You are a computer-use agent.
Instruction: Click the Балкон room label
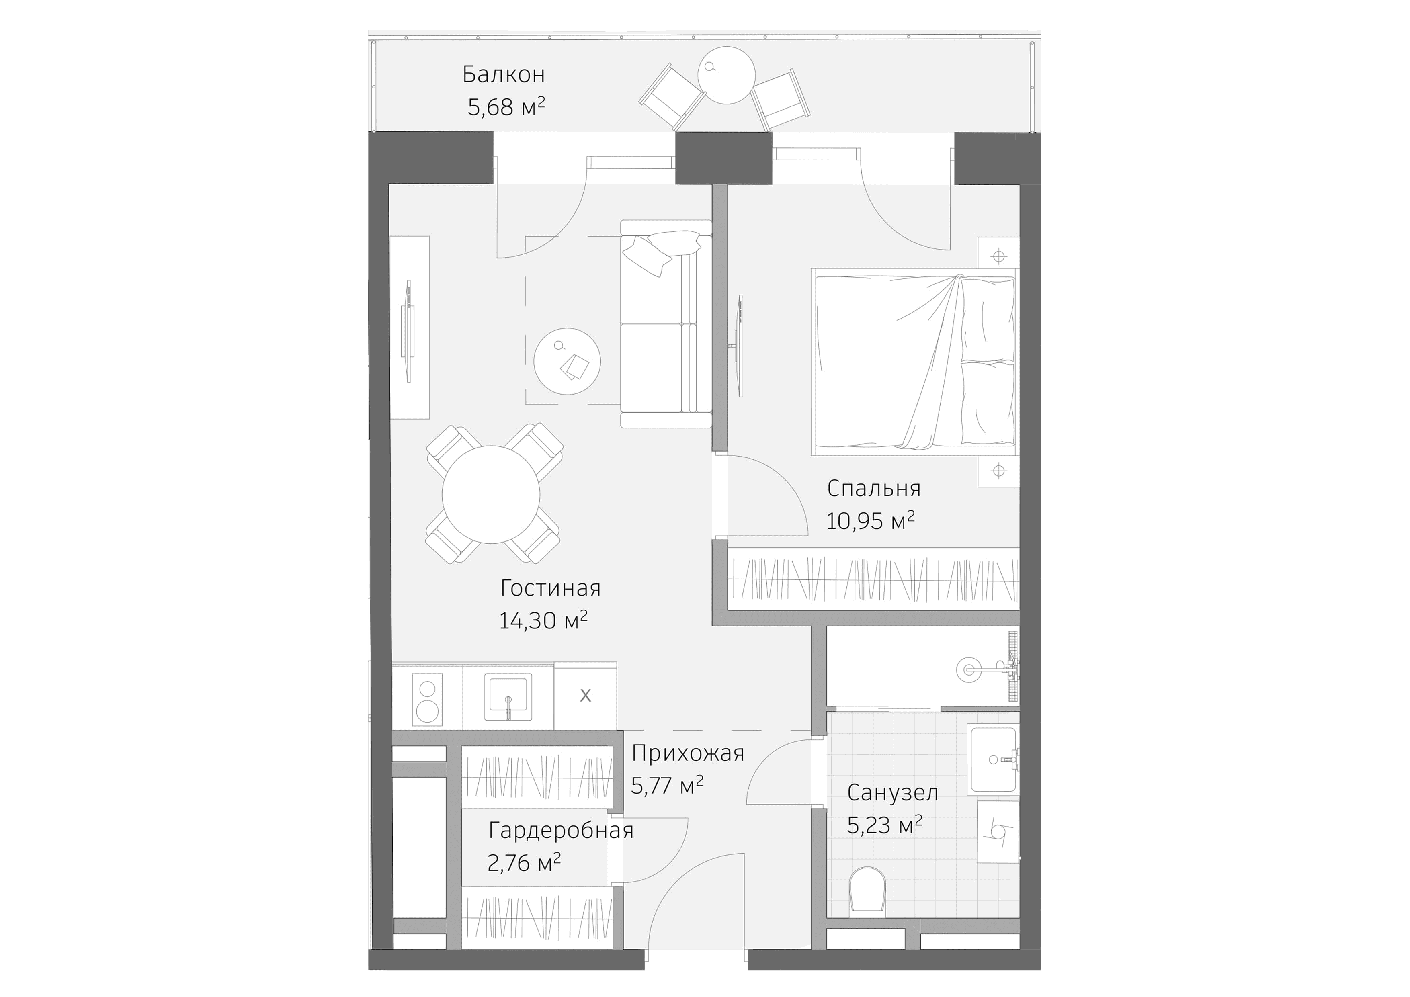(504, 74)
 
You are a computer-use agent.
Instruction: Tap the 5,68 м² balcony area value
(506, 107)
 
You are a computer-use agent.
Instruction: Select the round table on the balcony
(726, 76)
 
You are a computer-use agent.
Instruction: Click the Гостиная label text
(550, 588)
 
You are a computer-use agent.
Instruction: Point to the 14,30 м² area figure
(543, 621)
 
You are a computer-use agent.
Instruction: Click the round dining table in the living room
(491, 494)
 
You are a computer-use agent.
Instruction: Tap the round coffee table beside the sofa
(567, 361)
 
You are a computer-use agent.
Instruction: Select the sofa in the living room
(665, 324)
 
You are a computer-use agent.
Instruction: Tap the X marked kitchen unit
(585, 696)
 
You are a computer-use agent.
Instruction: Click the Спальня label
(873, 489)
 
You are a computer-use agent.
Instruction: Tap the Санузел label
(892, 792)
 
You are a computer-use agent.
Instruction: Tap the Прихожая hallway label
(688, 753)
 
